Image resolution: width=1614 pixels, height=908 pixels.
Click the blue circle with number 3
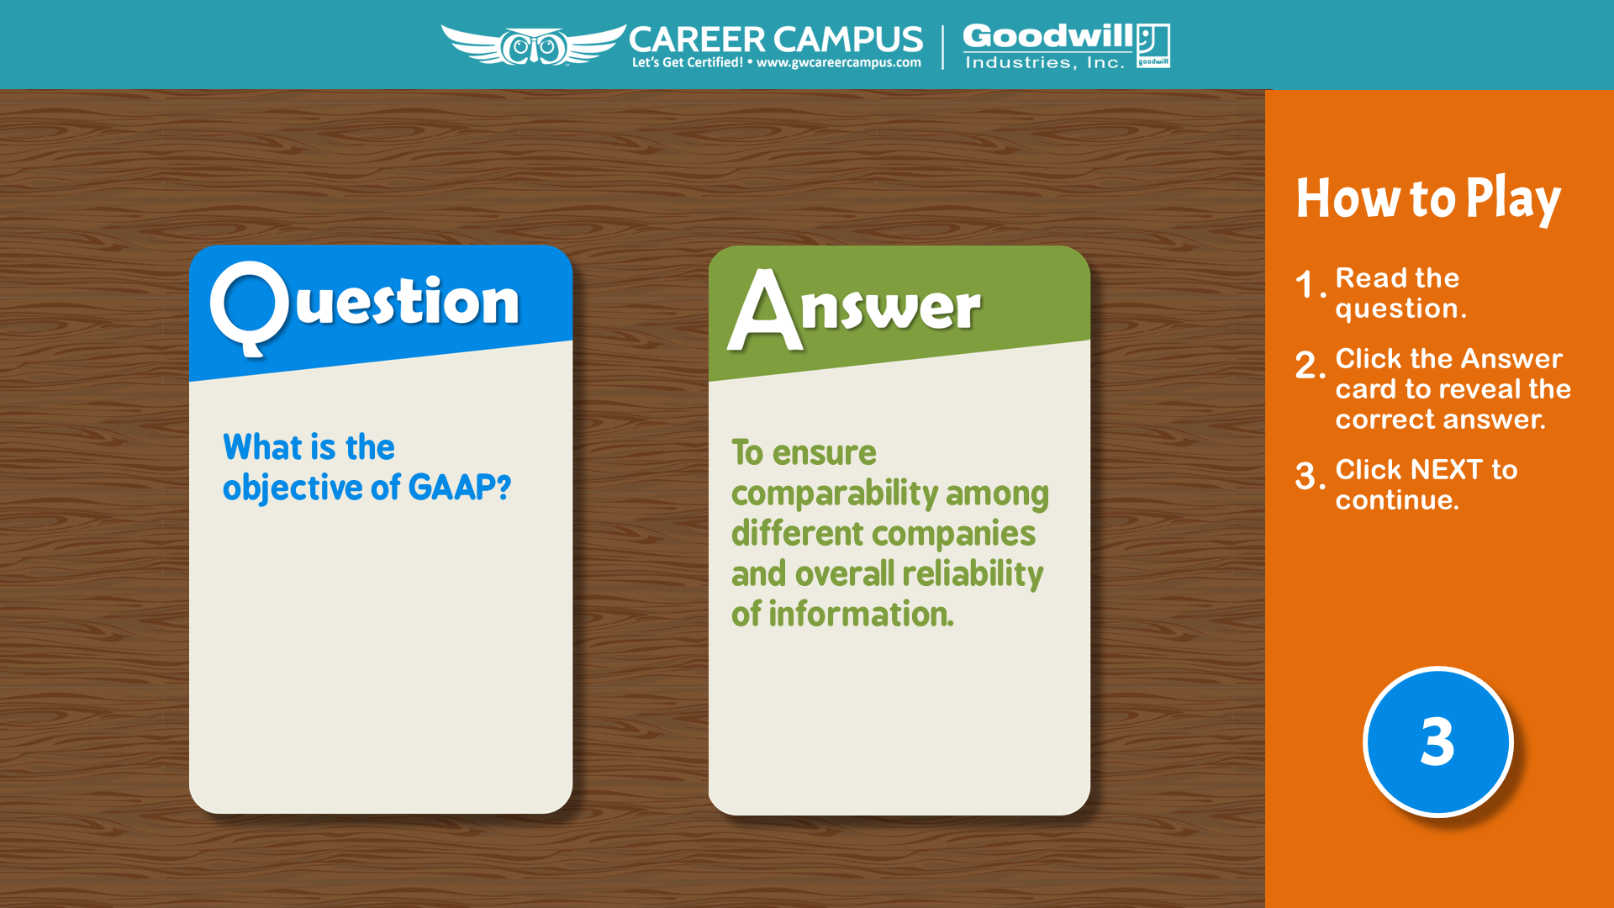(x=1437, y=742)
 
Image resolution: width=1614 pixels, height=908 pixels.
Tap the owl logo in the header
(x=534, y=45)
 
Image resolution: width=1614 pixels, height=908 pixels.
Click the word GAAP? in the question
(x=459, y=487)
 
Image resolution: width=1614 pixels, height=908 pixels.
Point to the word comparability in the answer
(x=834, y=494)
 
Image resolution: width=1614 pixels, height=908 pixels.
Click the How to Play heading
(x=1428, y=199)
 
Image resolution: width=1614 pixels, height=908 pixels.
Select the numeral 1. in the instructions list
(x=1311, y=284)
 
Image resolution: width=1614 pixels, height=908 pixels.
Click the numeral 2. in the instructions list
(x=1311, y=365)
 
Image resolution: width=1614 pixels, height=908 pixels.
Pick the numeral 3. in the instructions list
(x=1311, y=476)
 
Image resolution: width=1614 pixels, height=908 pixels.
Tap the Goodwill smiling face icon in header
(x=1152, y=45)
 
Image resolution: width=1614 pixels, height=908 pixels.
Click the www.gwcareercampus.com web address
(x=838, y=63)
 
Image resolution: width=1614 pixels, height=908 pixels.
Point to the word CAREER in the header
(x=697, y=40)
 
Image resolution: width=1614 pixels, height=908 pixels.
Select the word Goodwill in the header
(x=1048, y=36)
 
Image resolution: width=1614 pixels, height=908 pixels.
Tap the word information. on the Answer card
(x=861, y=614)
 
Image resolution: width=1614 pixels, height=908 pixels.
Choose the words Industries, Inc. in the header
(x=1045, y=62)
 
